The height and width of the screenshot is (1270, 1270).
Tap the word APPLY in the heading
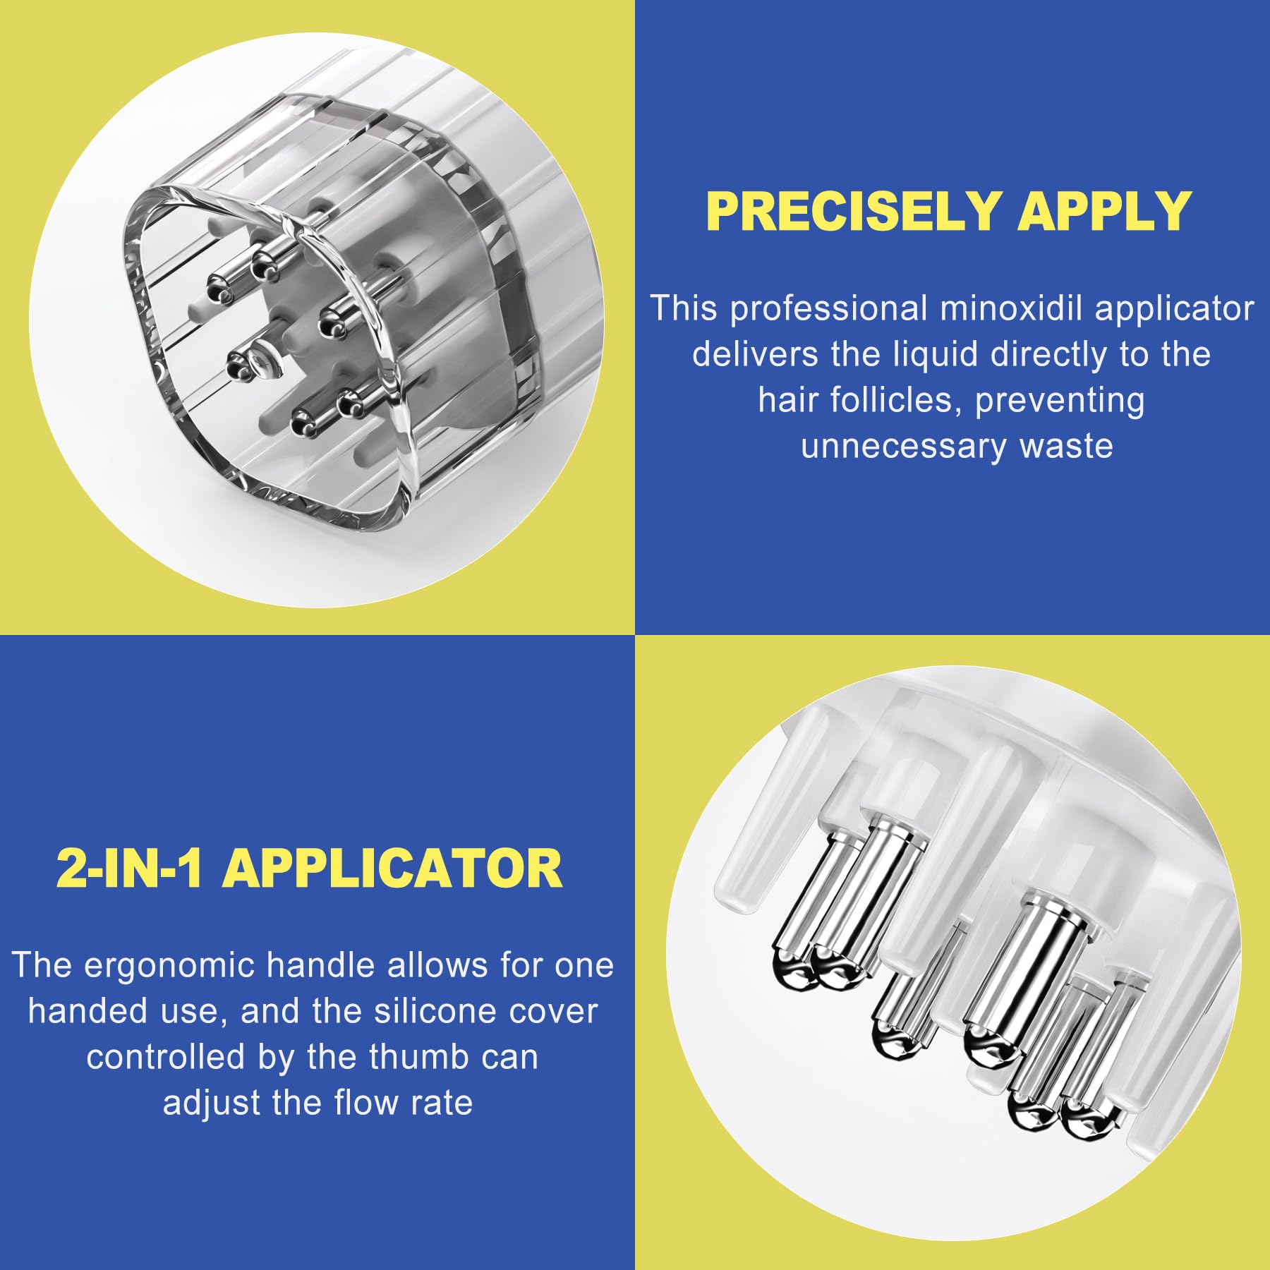[1105, 211]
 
